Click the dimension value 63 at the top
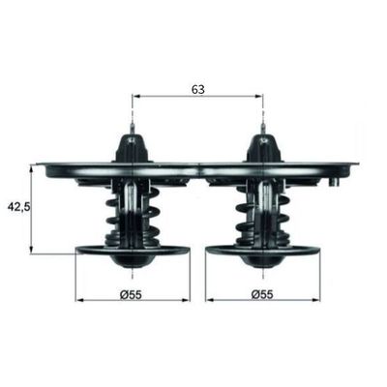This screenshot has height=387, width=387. (x=196, y=88)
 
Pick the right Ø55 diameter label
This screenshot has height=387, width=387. (x=262, y=292)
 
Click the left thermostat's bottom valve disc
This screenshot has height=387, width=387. (x=133, y=253)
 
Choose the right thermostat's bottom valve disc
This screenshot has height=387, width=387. (x=263, y=253)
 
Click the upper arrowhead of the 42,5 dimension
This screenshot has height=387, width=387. (x=34, y=168)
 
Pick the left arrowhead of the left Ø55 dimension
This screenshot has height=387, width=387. (x=80, y=300)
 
